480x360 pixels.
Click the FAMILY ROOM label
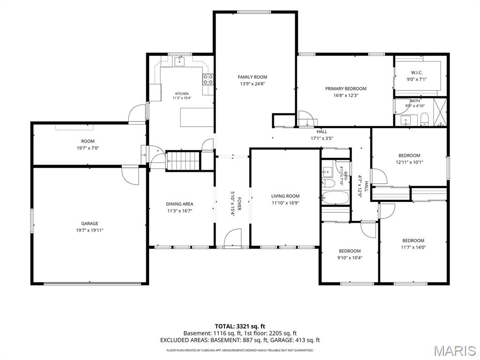252,77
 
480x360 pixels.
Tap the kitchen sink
180,61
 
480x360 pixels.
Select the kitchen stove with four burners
208,79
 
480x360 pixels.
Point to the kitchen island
197,117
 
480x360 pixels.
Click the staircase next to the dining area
183,161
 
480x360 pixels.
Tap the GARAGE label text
90,224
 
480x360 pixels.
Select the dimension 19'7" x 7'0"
88,148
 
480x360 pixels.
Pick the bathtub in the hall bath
335,198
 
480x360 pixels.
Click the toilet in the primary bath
424,119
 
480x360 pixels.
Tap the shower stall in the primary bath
440,112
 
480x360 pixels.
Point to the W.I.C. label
417,73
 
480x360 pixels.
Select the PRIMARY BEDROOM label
345,89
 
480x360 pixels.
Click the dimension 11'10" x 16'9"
285,202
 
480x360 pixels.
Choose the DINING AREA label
180,204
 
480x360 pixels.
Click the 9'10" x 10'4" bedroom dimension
350,257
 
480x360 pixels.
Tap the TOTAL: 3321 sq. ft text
238,326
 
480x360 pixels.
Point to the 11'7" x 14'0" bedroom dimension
413,247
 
